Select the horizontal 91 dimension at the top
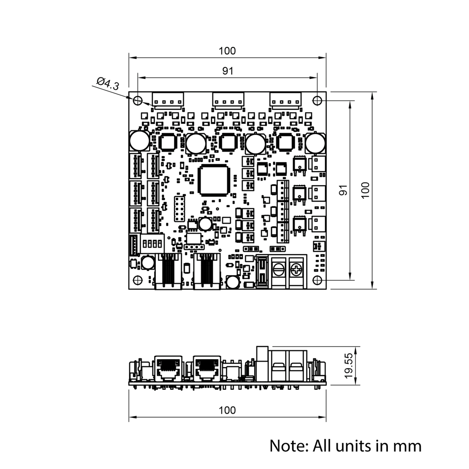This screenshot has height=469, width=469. coord(227,71)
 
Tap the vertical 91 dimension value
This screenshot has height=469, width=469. coord(343,190)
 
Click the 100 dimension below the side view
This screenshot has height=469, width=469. coord(227,410)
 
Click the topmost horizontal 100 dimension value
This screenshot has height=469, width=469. coord(227,51)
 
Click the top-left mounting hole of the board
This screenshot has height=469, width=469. coord(138,100)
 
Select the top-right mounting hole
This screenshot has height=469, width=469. coord(318,100)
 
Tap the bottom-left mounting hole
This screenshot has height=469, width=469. coord(138,280)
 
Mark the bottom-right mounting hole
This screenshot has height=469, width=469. coord(318,280)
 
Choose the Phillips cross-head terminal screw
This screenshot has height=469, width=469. coord(297,270)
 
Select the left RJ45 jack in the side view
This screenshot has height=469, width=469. coord(168,366)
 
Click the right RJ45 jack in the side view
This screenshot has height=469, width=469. coord(206,366)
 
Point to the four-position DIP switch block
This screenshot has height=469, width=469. coord(152,244)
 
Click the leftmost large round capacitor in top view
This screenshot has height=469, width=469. coord(139,140)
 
